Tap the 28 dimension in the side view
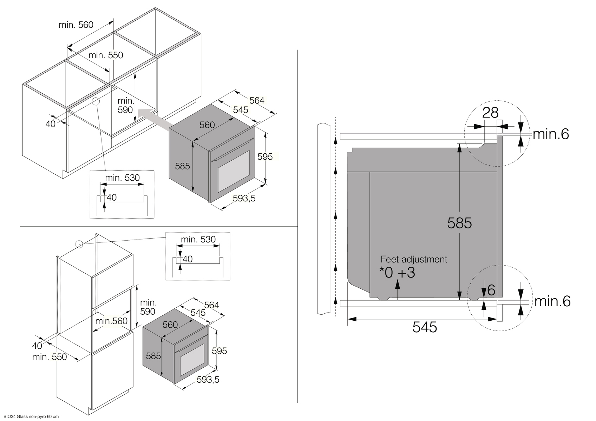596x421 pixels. coord(490,113)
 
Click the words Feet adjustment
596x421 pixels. coord(414,259)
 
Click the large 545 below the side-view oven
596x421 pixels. coord(425,327)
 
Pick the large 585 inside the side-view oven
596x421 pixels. coord(459,223)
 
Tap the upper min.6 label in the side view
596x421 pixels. coord(551,134)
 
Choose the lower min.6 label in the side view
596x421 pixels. coord(552,301)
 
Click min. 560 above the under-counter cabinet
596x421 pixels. coord(76,25)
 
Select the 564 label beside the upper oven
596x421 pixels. coord(257,101)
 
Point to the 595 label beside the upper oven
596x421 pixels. coord(265,156)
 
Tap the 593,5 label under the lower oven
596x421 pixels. coord(208,380)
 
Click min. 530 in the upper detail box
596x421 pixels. coord(122,178)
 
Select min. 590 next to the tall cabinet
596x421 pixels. coord(148,307)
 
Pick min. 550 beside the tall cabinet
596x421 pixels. coord(49,357)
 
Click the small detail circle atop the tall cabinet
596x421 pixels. coord(79,244)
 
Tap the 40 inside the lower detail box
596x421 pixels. coord(188,259)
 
